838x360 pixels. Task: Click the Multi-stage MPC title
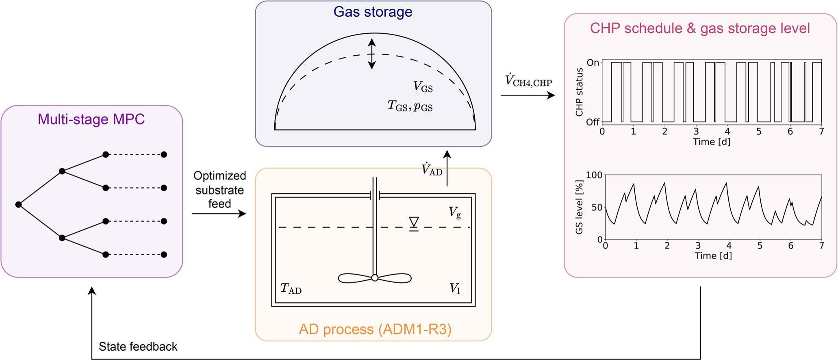pos(91,119)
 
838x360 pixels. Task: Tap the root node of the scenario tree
pos(18,204)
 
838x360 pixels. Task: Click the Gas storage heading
pos(373,12)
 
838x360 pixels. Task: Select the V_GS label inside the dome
pos(423,87)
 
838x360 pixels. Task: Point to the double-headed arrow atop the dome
pos(371,54)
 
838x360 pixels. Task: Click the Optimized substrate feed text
pos(219,190)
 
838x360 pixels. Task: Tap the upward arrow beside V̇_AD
pos(447,168)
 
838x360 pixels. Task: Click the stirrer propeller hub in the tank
pos(375,278)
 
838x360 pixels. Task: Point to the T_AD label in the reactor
pos(291,289)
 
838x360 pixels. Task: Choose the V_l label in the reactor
pos(455,289)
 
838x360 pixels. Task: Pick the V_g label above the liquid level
pos(455,213)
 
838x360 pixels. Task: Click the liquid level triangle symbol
pos(414,223)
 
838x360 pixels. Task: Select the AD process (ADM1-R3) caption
pos(375,329)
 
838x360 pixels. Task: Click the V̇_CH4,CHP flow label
pos(528,81)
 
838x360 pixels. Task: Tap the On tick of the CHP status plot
pos(593,63)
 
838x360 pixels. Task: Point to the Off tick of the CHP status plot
pos(593,122)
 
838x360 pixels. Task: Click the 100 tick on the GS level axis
pos(594,175)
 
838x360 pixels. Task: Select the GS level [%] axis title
pos(579,207)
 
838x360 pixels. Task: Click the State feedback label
pos(138,347)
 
